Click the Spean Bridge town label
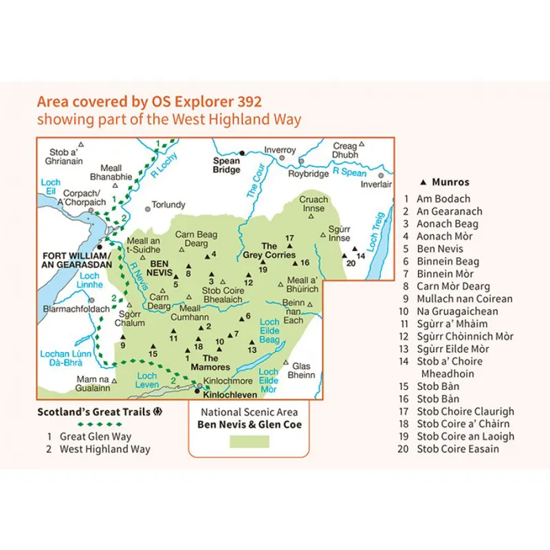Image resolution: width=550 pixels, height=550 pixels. pos(227,166)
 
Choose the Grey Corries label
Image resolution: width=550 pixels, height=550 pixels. pos(269,251)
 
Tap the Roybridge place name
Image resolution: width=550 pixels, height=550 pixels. pos(308,174)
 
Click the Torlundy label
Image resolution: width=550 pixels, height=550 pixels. pos(169,204)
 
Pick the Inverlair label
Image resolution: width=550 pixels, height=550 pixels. pos(376,184)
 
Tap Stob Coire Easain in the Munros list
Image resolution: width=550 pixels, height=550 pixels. pos(458,449)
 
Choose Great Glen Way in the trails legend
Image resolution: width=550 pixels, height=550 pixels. pos(96,436)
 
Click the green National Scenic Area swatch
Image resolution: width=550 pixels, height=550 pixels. pos(249,441)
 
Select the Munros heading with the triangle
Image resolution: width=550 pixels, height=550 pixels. pos(445,182)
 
